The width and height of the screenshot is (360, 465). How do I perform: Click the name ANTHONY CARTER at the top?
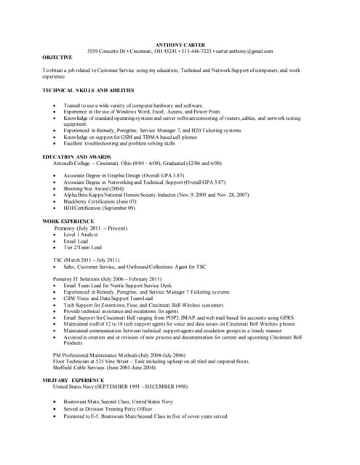tap(180, 45)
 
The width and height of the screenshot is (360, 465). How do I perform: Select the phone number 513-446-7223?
tap(195, 52)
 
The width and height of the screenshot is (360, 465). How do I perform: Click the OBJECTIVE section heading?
tap(57, 57)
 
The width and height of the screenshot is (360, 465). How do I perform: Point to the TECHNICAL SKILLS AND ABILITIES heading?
tap(89, 90)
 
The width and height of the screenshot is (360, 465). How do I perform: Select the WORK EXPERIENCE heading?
tap(68, 221)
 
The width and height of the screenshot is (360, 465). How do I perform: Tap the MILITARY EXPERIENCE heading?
tap(73, 380)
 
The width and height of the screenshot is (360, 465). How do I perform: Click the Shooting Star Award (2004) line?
tap(94, 188)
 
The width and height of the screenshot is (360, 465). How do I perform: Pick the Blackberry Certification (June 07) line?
tap(100, 201)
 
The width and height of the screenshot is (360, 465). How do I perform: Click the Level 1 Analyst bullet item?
tap(81, 234)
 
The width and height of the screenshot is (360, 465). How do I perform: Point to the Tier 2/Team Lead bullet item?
tap(83, 247)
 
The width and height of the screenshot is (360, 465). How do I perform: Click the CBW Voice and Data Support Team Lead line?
tap(108, 298)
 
